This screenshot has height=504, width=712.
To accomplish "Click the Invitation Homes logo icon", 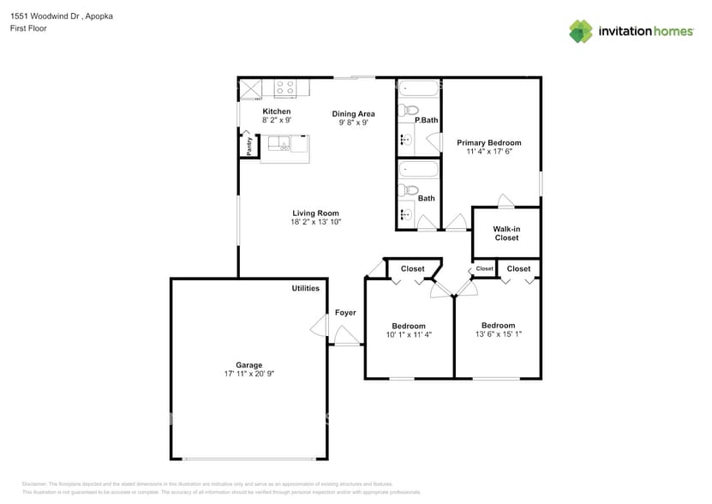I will tap(581, 31).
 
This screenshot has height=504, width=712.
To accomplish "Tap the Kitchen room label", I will tap(276, 111).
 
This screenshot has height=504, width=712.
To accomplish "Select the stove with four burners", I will tap(284, 87).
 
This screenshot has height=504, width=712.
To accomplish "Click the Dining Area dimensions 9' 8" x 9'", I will tap(353, 123).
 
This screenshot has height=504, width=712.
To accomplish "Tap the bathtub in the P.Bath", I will tap(418, 87).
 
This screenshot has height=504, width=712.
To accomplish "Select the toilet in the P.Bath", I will tap(410, 110).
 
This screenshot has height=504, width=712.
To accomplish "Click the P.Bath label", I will tap(426, 120).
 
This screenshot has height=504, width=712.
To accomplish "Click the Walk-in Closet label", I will tap(506, 233).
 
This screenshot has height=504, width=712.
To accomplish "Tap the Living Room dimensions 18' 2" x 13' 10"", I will tap(315, 222).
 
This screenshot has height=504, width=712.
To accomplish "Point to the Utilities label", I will tap(305, 289).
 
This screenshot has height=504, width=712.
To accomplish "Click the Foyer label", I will tap(344, 313).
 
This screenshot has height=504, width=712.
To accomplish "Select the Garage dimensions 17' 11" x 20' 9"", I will tap(248, 374).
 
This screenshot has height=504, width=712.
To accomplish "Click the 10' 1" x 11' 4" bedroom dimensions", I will tap(409, 335).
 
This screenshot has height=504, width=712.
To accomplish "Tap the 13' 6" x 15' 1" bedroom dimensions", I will tap(498, 335).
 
